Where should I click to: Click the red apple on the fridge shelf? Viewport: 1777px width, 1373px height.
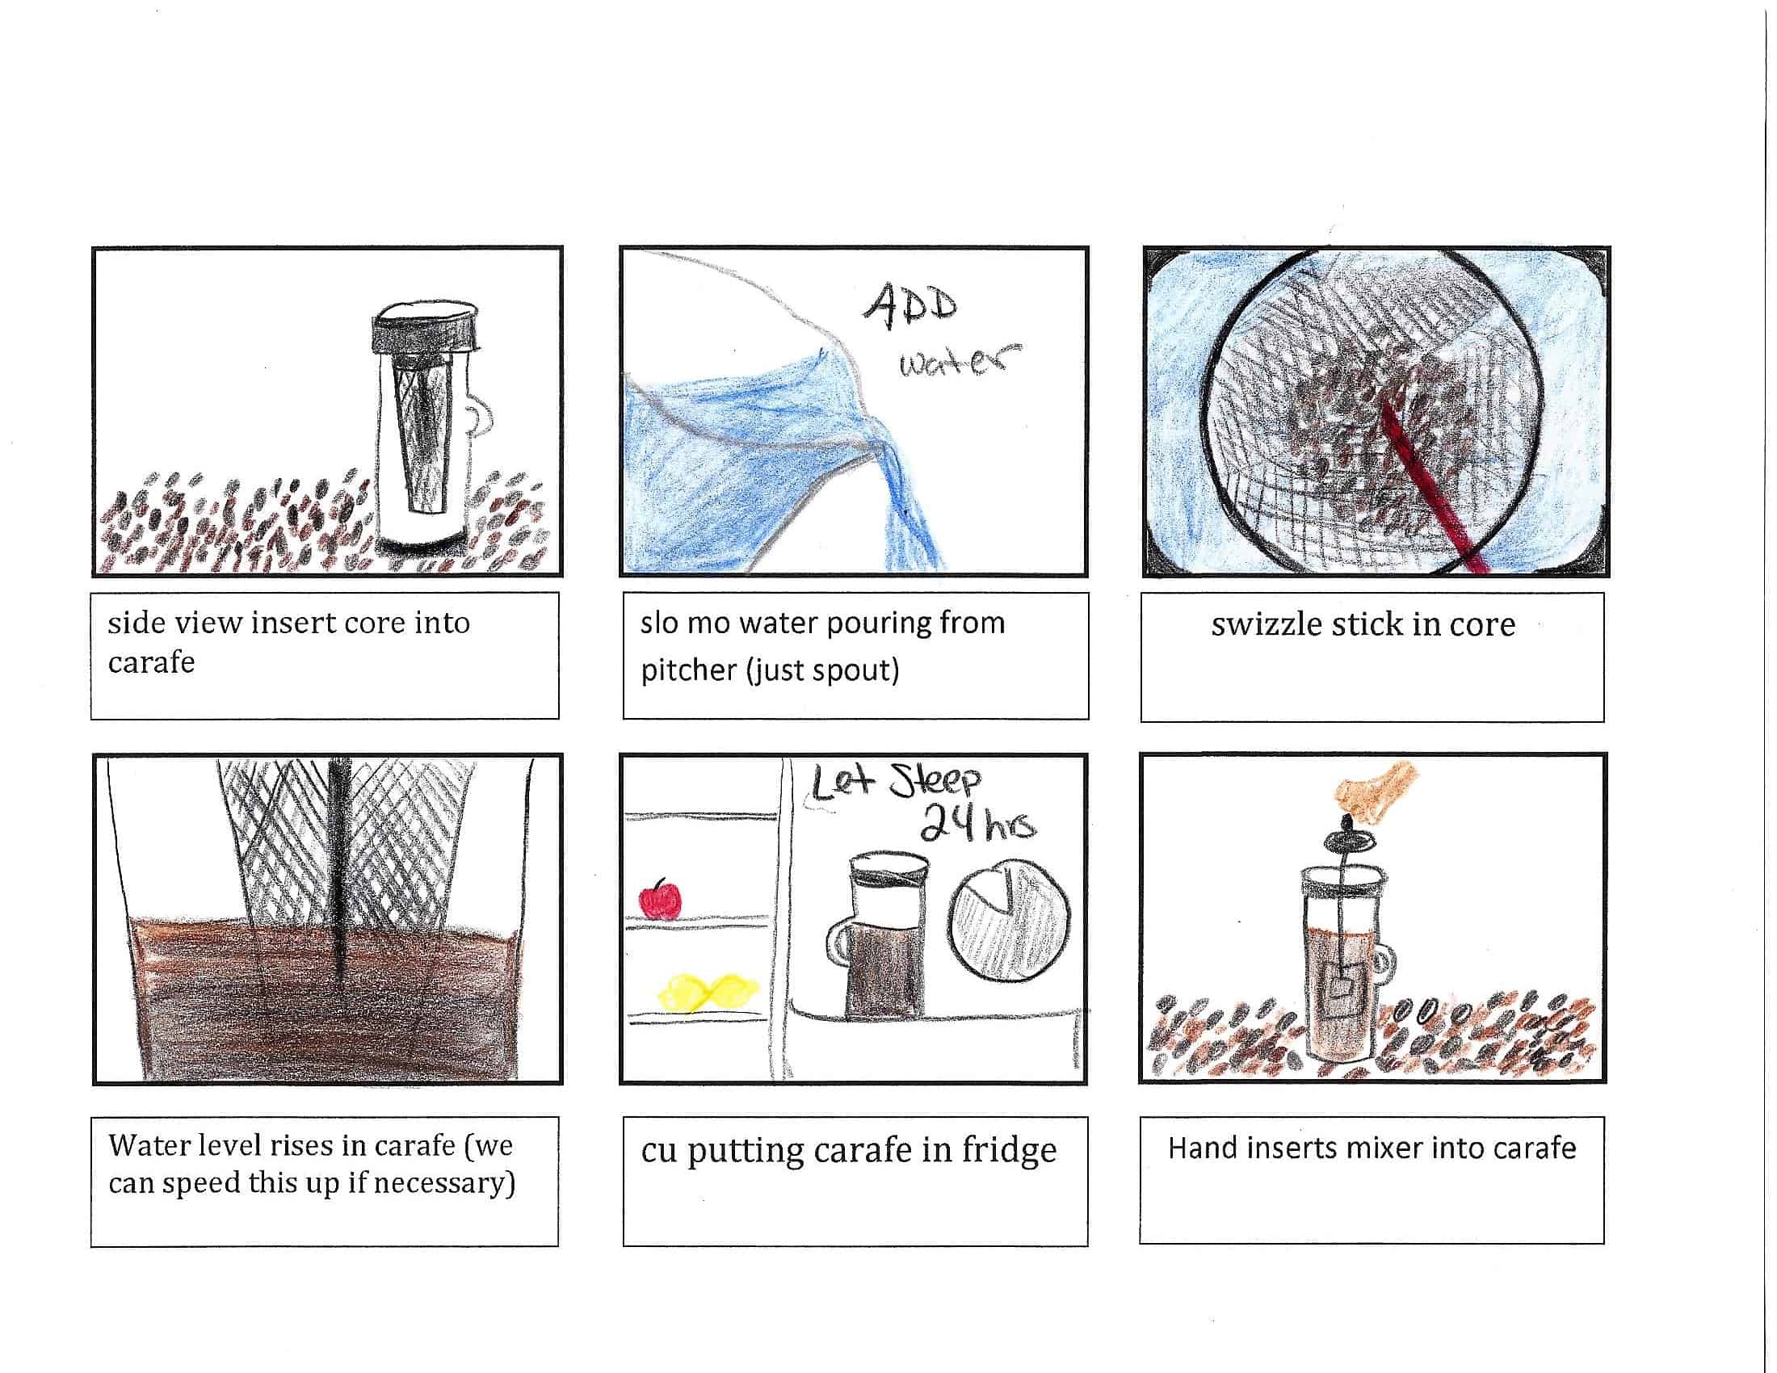pyautogui.click(x=660, y=899)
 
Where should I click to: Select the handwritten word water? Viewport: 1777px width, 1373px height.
pyautogui.click(x=959, y=361)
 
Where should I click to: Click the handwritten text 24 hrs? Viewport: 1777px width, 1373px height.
pyautogui.click(x=977, y=826)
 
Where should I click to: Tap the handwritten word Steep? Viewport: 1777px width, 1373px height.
pyautogui.click(x=935, y=781)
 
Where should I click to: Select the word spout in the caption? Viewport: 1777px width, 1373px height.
pyautogui.click(x=860, y=670)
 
